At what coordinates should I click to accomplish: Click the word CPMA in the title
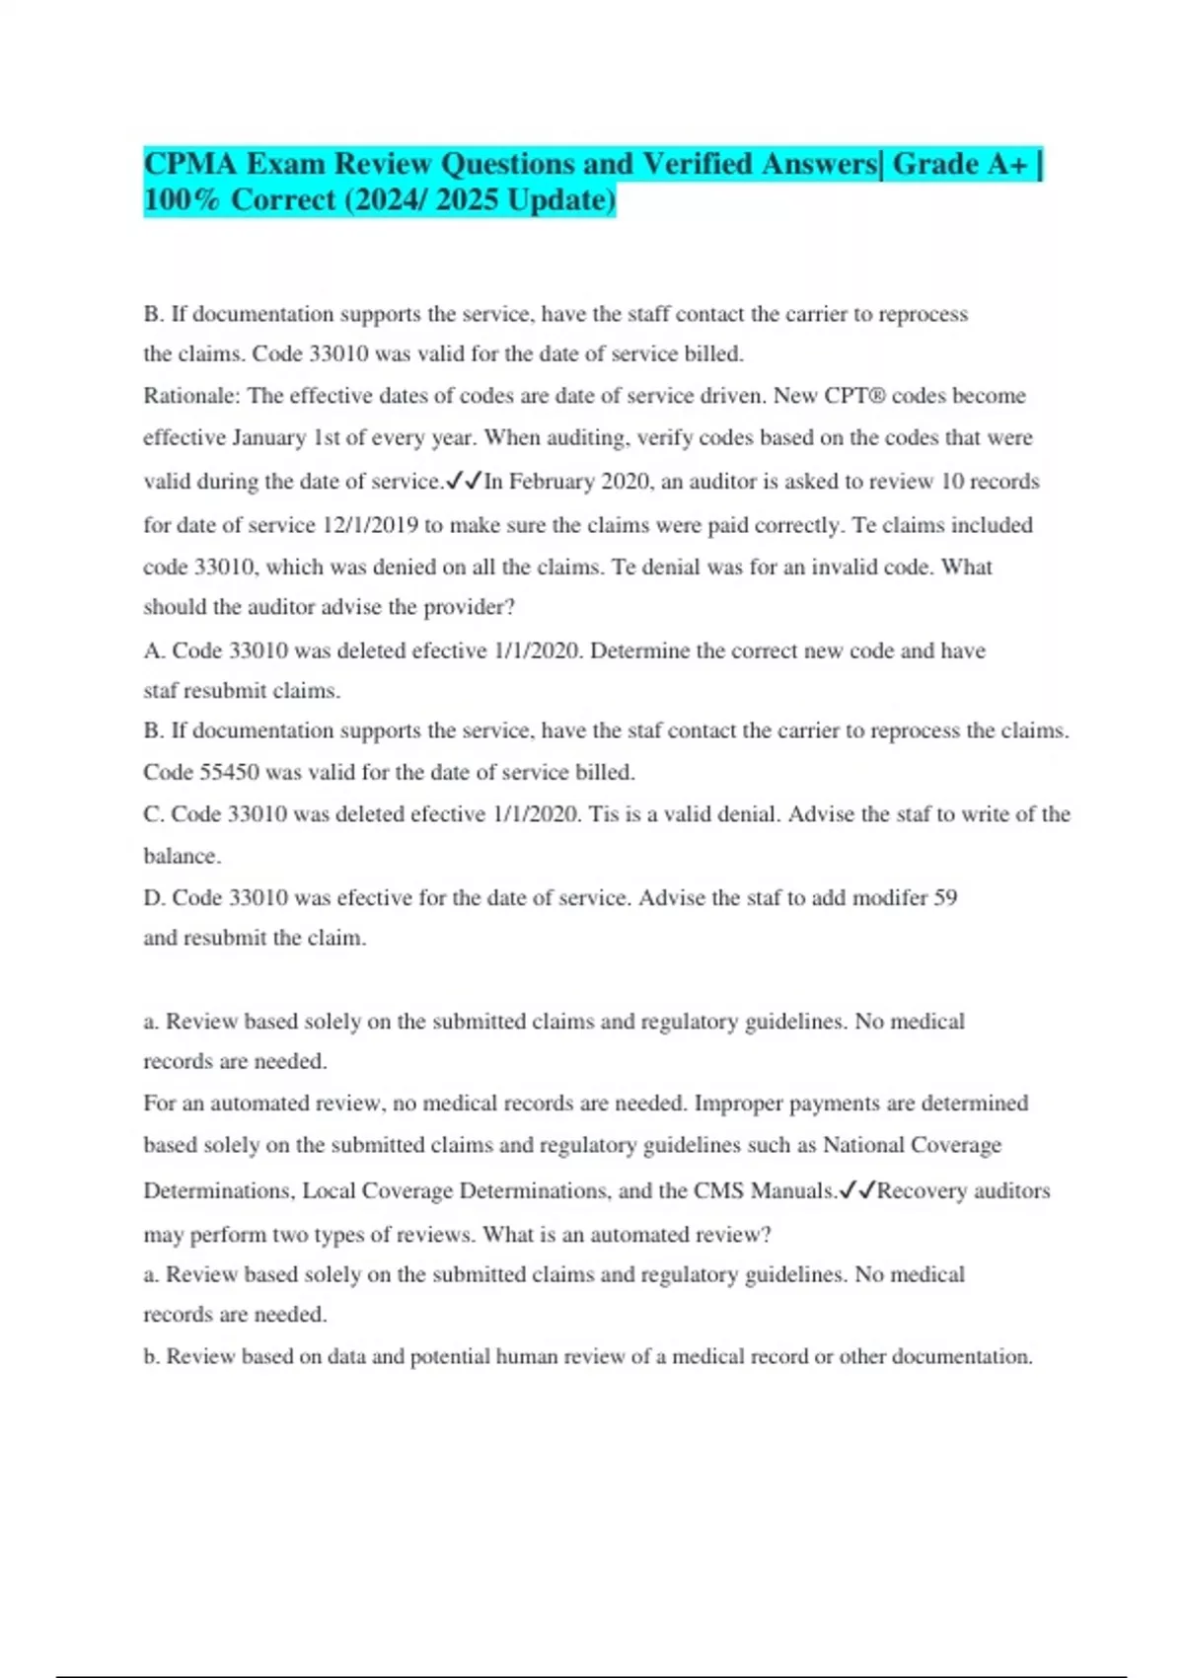pos(190,163)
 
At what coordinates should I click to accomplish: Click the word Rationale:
pos(191,396)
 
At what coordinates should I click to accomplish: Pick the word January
pos(269,437)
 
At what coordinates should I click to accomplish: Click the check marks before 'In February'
pos(464,482)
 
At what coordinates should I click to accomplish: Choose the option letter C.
pos(153,814)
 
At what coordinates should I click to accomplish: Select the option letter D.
pos(154,898)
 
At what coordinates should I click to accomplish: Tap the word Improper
pos(736,1104)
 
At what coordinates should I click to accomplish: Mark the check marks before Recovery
pos(857,1190)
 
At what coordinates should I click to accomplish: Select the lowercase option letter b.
pos(151,1357)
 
